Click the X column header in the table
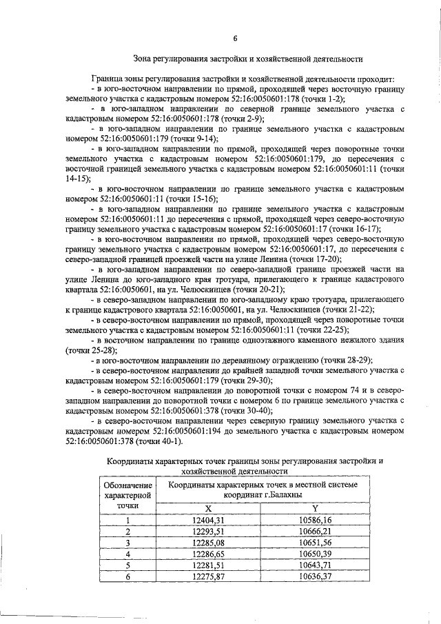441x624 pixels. (x=198, y=508)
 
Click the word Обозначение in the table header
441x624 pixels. (x=127, y=485)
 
